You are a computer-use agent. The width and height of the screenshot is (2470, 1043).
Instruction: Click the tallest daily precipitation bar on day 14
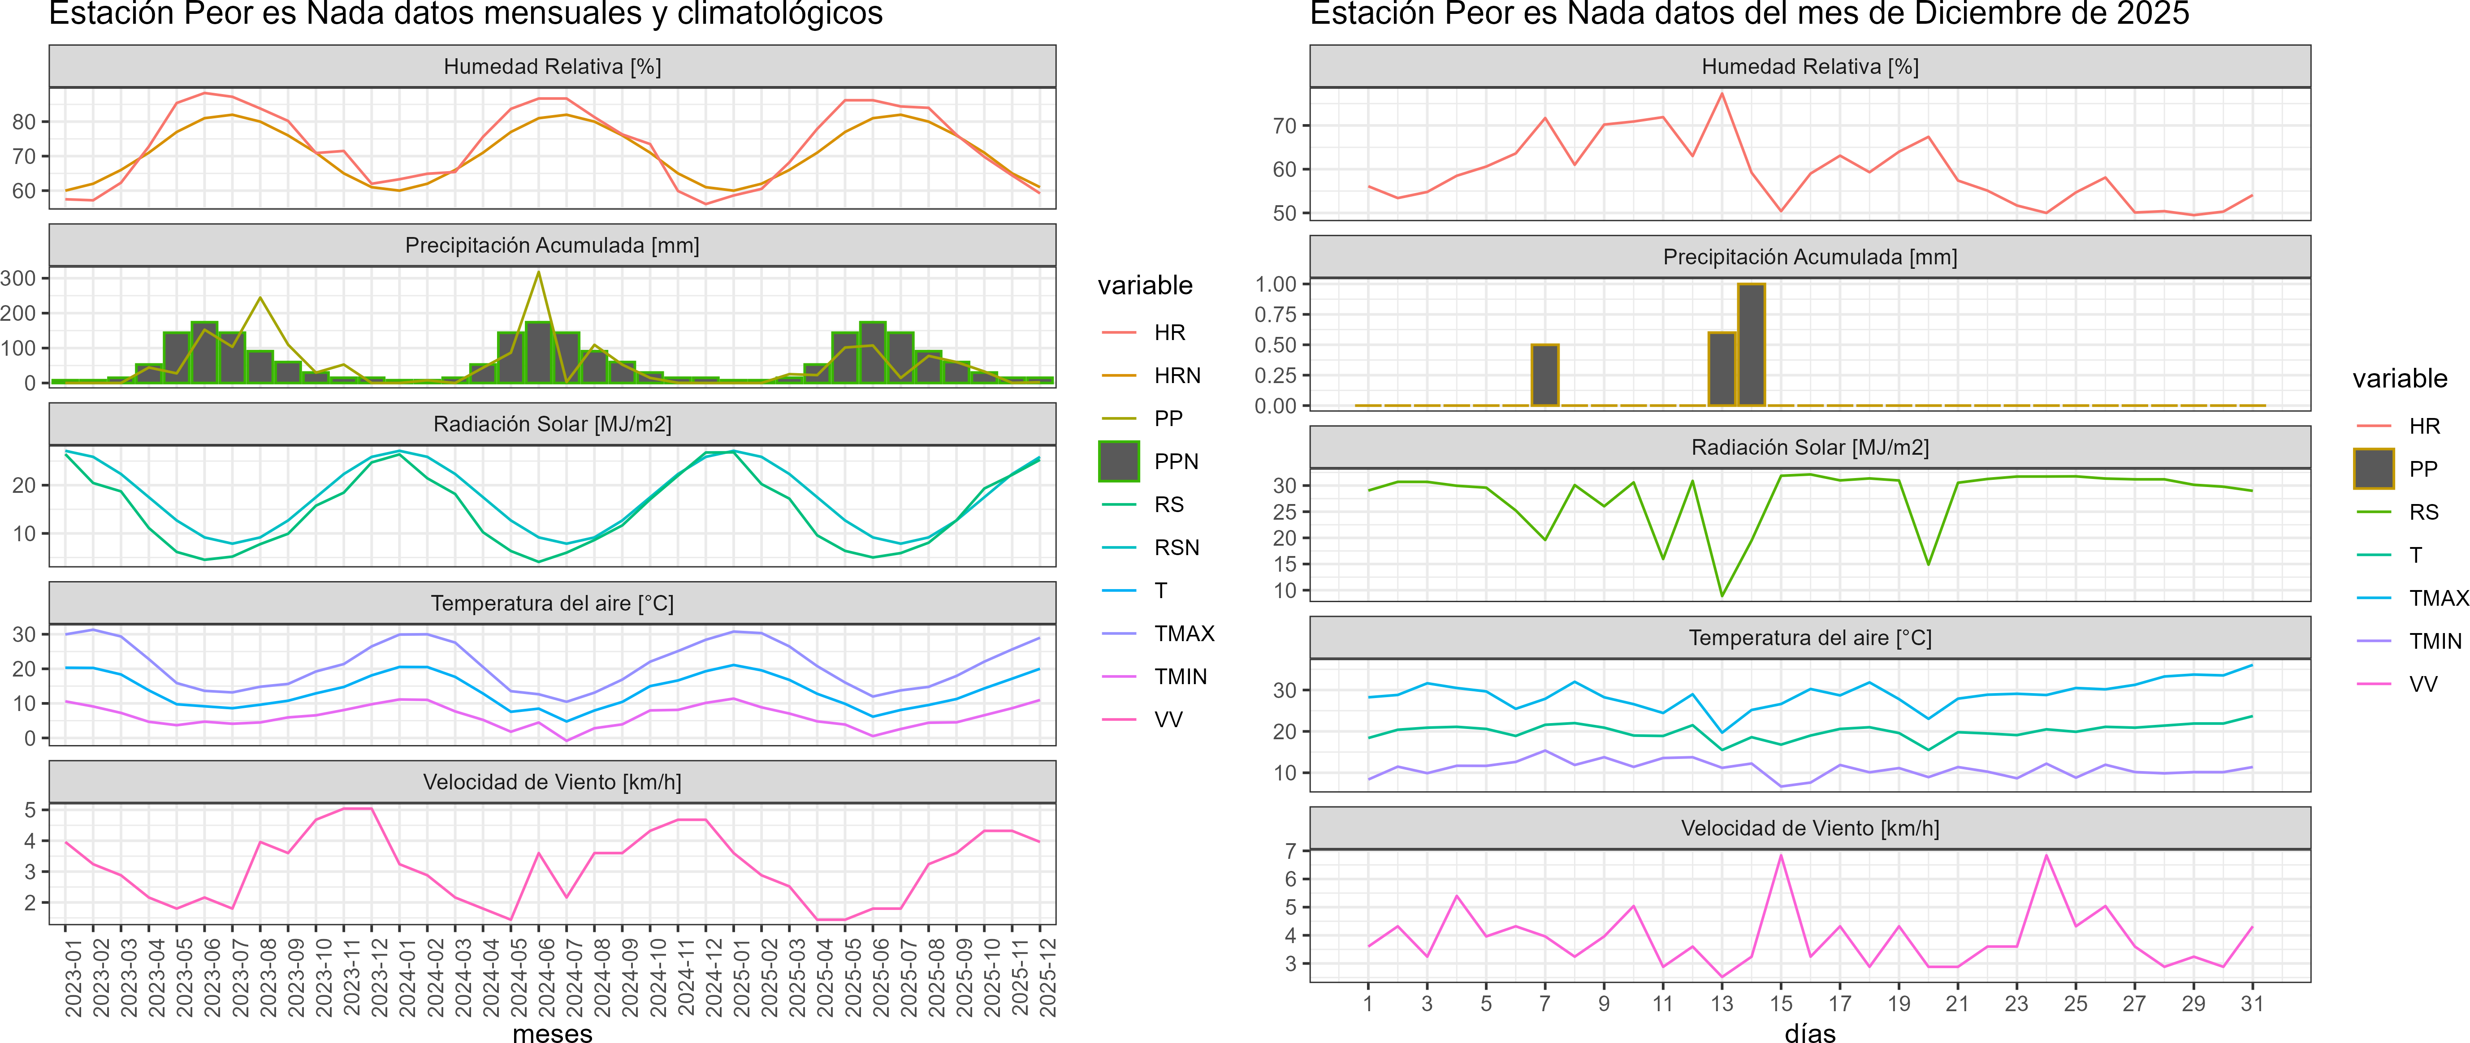1751,345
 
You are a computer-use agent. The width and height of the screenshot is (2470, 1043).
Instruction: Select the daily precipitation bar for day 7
1545,375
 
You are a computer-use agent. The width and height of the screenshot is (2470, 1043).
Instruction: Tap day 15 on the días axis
1781,1004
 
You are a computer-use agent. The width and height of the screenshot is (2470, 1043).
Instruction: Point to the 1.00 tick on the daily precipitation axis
1275,284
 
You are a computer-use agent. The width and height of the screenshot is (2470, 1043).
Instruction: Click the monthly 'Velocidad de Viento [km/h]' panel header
552,782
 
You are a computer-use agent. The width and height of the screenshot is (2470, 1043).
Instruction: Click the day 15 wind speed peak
1781,855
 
